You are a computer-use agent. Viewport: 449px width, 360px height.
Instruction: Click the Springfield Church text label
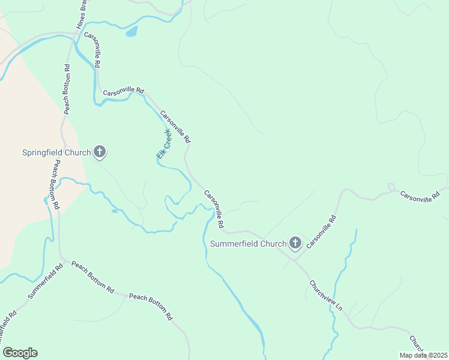[x=56, y=152]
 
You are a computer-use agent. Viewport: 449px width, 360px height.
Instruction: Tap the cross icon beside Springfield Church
[x=100, y=152]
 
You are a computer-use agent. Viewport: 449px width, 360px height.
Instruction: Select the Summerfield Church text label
[x=248, y=244]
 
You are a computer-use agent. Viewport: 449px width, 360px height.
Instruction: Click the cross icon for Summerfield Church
[x=295, y=243]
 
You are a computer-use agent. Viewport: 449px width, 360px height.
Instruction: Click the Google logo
[x=20, y=353]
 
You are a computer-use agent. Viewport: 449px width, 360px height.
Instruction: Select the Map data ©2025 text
[x=423, y=355]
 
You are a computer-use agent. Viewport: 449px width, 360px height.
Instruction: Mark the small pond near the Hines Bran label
[x=131, y=31]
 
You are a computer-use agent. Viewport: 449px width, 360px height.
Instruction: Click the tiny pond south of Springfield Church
[x=114, y=211]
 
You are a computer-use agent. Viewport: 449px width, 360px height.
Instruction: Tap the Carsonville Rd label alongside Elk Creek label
[x=175, y=126]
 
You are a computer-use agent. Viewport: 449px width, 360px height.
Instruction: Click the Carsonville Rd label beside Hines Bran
[x=92, y=49]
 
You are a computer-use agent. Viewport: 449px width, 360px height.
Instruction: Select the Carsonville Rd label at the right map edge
[x=420, y=197]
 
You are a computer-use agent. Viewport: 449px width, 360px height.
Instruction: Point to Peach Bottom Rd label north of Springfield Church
[x=67, y=89]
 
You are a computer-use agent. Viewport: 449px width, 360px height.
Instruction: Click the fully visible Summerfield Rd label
[x=46, y=282]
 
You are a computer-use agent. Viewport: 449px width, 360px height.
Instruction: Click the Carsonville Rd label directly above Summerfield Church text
[x=214, y=209]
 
